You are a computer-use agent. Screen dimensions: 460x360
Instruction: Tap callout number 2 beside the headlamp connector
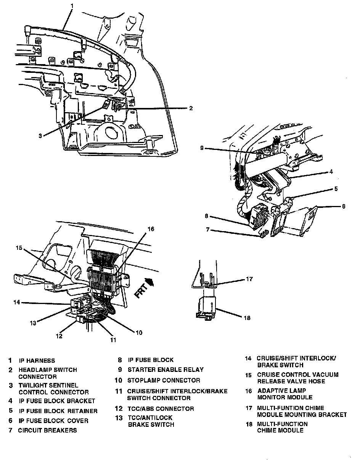point(191,108)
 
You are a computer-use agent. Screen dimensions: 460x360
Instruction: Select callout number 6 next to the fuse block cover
point(344,206)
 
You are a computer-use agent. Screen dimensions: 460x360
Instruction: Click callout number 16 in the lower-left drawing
point(151,229)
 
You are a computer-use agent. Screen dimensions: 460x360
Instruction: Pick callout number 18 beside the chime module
point(247,317)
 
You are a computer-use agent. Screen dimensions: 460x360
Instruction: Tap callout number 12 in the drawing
point(59,336)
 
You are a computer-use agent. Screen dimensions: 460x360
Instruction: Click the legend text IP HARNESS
point(37,360)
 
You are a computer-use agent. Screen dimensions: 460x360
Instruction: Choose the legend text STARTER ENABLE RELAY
point(166,370)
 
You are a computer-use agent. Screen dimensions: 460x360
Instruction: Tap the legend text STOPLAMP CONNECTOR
point(164,380)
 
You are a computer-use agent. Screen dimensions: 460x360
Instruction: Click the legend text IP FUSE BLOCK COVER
point(53,421)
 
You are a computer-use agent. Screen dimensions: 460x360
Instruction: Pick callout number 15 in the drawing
point(19,248)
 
